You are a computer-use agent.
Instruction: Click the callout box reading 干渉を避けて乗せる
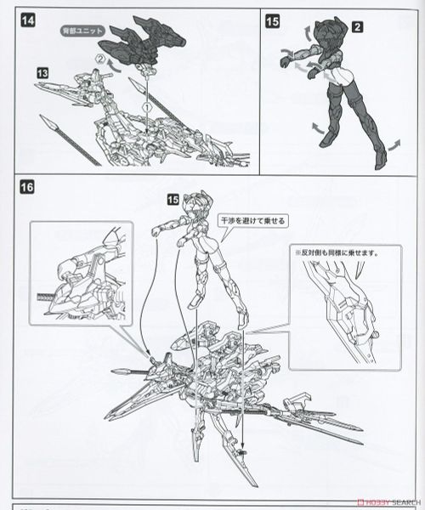click(x=252, y=217)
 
